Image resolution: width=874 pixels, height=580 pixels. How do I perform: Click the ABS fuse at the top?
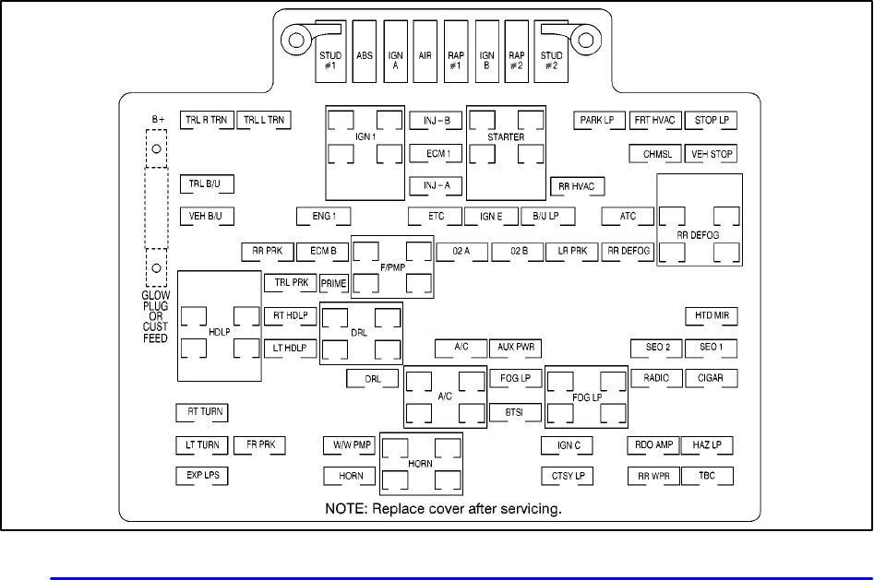click(365, 54)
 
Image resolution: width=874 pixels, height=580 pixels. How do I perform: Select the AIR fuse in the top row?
click(425, 54)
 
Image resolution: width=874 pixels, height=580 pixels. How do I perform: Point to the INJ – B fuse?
click(437, 121)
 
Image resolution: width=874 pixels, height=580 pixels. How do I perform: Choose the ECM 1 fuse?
click(437, 153)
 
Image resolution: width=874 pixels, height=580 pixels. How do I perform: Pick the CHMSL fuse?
click(656, 154)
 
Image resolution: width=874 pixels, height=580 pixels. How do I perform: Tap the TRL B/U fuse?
click(206, 183)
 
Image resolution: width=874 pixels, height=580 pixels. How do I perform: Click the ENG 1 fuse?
click(324, 217)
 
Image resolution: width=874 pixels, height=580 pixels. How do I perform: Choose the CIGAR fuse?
click(711, 378)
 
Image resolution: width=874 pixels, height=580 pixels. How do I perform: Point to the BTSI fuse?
click(515, 412)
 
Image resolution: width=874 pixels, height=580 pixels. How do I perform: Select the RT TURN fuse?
click(201, 412)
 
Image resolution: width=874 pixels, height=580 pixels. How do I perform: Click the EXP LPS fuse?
click(201, 476)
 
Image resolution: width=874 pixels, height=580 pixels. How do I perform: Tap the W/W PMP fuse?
click(349, 445)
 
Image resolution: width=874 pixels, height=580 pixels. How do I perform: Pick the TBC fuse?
click(708, 476)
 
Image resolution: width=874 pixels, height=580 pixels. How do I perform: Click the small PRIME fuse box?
click(333, 283)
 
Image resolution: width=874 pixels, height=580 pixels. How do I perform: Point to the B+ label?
click(158, 121)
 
